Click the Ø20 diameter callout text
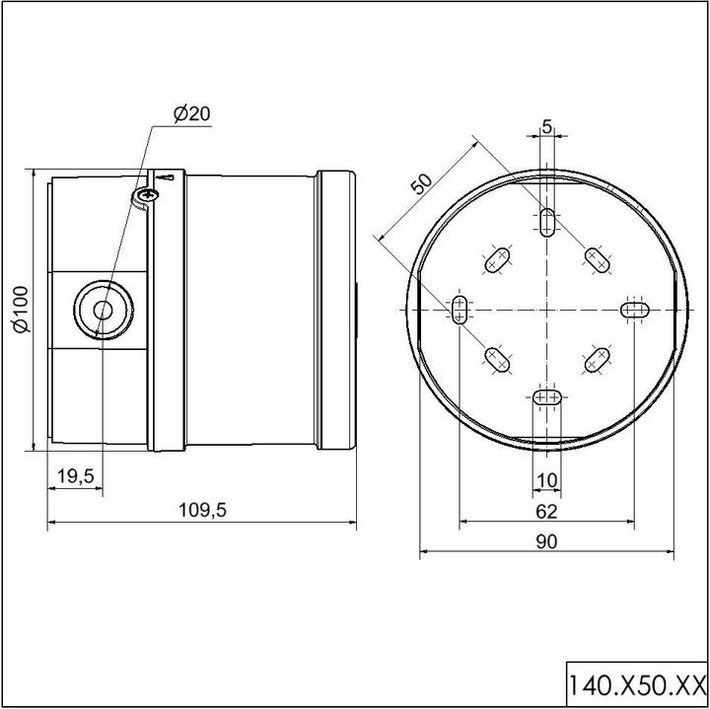192,113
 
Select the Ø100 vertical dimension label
21,310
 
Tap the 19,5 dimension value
76,476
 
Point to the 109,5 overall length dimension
202,510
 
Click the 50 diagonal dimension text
421,183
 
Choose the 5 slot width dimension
547,127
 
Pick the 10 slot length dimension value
546,480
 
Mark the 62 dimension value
546,512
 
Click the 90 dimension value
546,542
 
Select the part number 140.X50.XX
637,685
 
